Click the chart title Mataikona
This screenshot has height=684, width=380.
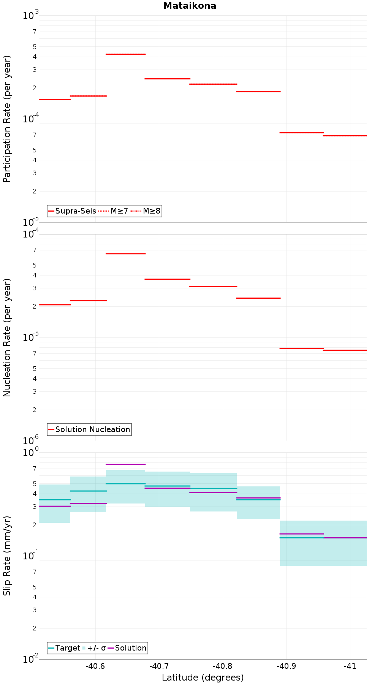190,6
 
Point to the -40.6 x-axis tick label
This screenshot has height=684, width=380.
95,666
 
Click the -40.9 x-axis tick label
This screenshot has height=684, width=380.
286,666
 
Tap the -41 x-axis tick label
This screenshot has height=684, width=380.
350,666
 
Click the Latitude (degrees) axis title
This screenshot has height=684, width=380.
203,678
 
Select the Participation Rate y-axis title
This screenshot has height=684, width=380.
7,119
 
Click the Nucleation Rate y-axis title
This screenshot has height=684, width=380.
7,337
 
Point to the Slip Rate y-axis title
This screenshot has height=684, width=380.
7,556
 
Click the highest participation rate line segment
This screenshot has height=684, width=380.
125,54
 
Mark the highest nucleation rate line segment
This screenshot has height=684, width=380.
125,253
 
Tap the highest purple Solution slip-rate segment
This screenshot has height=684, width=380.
125,464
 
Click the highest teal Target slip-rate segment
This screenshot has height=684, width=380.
125,484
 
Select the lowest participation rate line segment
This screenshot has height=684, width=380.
345,136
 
